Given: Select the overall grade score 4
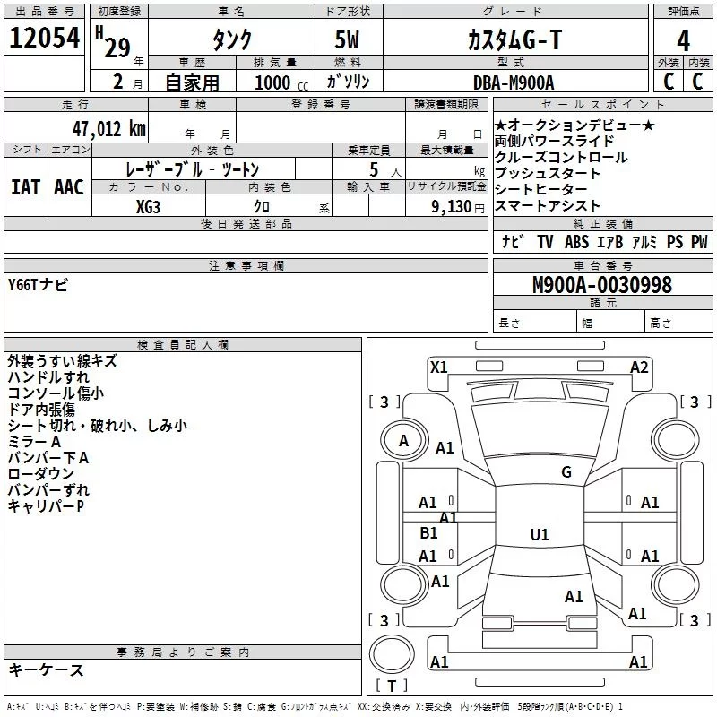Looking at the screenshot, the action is point(683,40).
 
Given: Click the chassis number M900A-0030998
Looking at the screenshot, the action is point(601,285).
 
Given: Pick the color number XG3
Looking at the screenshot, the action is point(149,206).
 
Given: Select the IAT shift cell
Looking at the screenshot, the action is point(25,187).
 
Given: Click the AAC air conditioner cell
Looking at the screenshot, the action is point(69,187).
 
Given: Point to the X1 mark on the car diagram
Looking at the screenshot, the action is point(439,367).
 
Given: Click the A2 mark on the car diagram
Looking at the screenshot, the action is point(639,367).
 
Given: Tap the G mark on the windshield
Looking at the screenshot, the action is point(566,472).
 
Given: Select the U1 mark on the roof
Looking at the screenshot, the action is point(539,535).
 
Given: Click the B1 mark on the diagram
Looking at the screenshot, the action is point(428,533).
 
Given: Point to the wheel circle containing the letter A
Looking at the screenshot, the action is point(403,440).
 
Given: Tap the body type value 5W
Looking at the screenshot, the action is point(348,39).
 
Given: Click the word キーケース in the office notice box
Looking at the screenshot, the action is point(46,669).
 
